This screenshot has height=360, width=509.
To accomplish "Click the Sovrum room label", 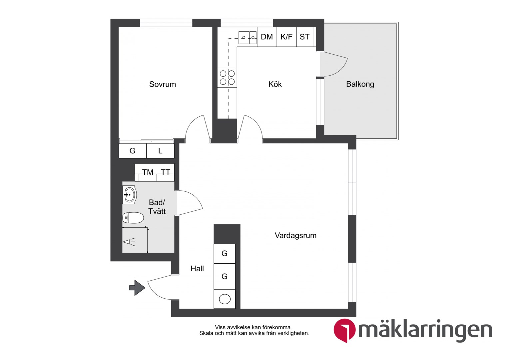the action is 163,84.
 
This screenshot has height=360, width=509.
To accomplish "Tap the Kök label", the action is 275,84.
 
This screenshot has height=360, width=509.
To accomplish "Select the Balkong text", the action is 360,84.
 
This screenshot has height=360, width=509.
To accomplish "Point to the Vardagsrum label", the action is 295,235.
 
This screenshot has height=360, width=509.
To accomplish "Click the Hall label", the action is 197,269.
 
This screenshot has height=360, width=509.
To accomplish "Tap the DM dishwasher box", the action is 267,37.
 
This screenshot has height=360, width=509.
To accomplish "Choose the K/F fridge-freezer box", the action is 286,37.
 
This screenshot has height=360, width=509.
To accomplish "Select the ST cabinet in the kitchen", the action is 305,37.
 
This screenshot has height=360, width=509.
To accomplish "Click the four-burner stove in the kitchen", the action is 227,78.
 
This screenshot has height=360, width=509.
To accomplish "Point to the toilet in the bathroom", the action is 133,218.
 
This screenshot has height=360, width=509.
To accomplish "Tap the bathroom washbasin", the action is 129,195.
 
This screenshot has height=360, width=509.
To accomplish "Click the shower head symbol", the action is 129,242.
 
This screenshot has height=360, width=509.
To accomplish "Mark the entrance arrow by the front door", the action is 137,288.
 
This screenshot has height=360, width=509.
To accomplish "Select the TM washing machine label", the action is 148,172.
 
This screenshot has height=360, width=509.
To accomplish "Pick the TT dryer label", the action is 166,172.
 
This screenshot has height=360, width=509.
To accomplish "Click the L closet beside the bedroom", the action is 161,151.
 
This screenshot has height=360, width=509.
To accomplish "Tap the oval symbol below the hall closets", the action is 225,299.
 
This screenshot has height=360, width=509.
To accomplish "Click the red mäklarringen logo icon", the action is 344,330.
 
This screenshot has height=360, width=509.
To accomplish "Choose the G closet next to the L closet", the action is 133,151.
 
